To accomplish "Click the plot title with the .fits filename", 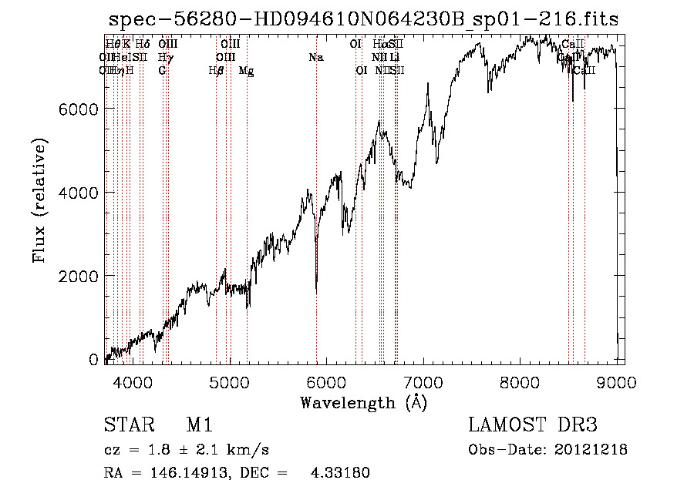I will (x=363, y=19).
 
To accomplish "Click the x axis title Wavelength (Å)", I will (x=363, y=402).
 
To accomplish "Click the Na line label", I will (x=315, y=58).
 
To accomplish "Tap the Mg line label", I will (x=247, y=71).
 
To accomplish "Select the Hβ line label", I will (x=216, y=71).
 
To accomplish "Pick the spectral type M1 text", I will (x=199, y=425).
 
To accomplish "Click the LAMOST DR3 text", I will (x=532, y=425).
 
